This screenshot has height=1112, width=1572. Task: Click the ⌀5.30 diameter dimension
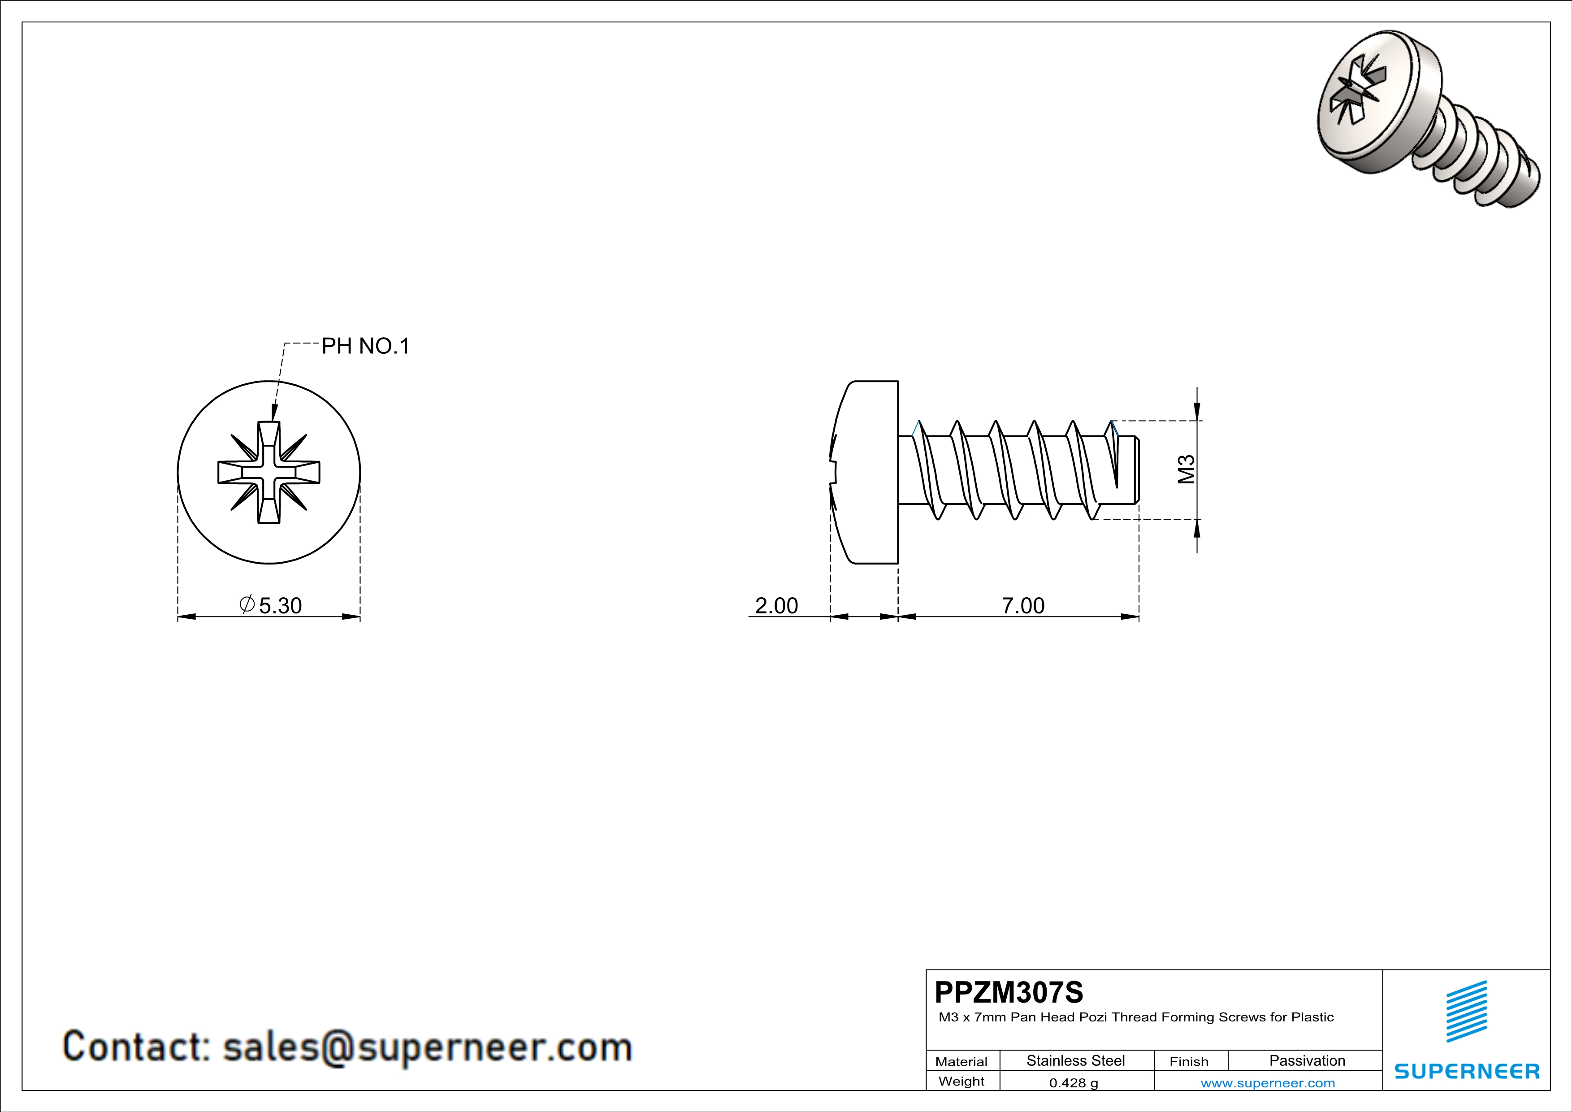[x=271, y=605]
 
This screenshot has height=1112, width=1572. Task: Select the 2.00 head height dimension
[x=776, y=605]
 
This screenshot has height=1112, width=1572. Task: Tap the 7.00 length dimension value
[x=1023, y=605]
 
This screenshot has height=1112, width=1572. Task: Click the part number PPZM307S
[x=1009, y=992]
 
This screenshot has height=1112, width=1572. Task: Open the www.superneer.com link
[x=1267, y=1082]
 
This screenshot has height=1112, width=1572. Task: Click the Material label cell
[x=961, y=1061]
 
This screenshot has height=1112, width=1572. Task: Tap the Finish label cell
[x=1189, y=1061]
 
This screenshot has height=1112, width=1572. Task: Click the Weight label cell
[x=961, y=1081]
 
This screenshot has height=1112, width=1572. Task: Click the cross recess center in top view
[x=269, y=473]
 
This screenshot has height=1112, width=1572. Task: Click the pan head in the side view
[x=866, y=473]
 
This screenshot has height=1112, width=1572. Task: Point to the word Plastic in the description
[x=1312, y=1017]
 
